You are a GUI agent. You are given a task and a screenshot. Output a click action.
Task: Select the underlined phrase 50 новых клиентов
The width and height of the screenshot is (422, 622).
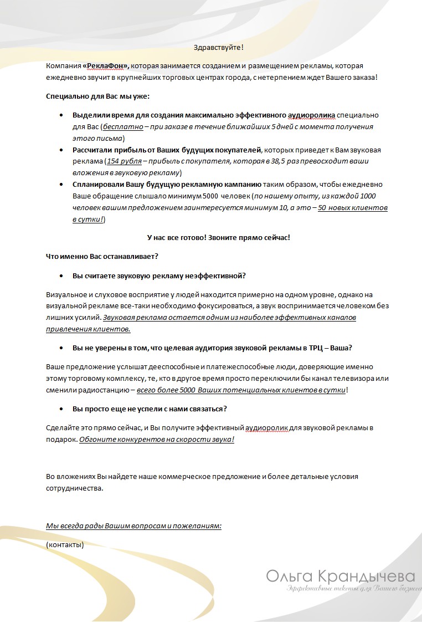[352, 207]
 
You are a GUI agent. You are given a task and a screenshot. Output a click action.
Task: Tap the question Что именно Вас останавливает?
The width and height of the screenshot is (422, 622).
[102, 256]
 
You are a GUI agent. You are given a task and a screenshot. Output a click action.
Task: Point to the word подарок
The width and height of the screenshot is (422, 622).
[61, 439]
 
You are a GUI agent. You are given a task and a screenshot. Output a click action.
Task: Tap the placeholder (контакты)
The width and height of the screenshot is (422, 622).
[65, 544]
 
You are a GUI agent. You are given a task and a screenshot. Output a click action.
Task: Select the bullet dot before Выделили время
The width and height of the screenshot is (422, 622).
[61, 115]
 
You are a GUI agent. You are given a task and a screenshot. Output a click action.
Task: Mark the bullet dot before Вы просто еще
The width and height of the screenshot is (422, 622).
[61, 409]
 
